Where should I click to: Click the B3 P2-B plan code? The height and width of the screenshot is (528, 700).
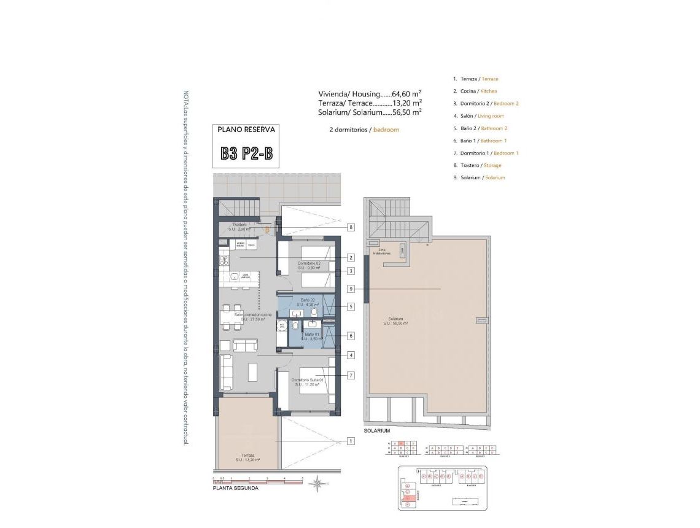(x=246, y=153)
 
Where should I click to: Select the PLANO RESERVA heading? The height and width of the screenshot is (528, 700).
(x=246, y=130)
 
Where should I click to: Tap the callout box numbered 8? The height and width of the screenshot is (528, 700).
(x=351, y=227)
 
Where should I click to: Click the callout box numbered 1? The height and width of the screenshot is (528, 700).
(x=351, y=441)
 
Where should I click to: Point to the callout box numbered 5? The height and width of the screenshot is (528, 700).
(x=351, y=306)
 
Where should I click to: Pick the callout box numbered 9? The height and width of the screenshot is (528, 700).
(x=351, y=289)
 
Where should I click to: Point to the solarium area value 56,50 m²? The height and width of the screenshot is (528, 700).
(x=406, y=112)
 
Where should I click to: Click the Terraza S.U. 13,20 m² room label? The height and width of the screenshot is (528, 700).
(x=247, y=457)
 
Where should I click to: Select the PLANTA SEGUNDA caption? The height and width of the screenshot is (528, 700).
(x=235, y=489)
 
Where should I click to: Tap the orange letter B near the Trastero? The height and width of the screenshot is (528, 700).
(x=267, y=230)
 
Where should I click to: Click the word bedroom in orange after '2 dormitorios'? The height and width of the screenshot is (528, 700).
(x=386, y=130)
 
